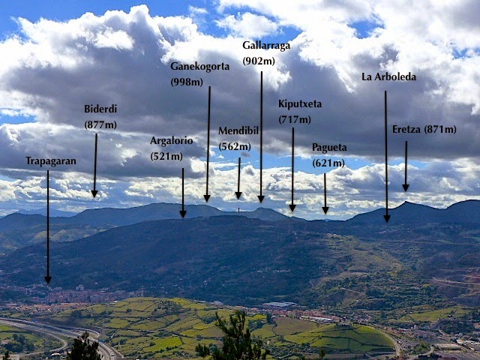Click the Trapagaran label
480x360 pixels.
[x=50, y=161]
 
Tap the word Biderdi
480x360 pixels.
[x=100, y=109]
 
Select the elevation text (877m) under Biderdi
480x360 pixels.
[x=100, y=124]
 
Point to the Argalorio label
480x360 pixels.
[x=171, y=140]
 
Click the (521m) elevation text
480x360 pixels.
[x=166, y=156]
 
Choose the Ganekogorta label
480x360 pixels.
[x=200, y=65]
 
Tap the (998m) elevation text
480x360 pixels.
[x=186, y=80]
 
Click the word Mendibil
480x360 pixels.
[x=238, y=131]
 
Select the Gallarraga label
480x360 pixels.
[x=266, y=46]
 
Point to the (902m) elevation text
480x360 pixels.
[x=258, y=61]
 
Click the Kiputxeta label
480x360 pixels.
[x=300, y=103]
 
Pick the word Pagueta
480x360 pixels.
[x=329, y=148]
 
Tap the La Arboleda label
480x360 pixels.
[x=388, y=77]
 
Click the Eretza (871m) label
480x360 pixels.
[x=424, y=130]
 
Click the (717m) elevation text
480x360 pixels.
[x=293, y=119]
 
